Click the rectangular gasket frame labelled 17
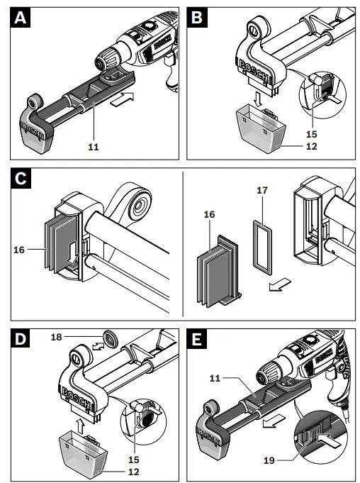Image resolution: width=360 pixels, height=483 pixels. [x=261, y=245]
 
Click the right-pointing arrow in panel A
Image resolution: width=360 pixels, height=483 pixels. [x=123, y=98]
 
